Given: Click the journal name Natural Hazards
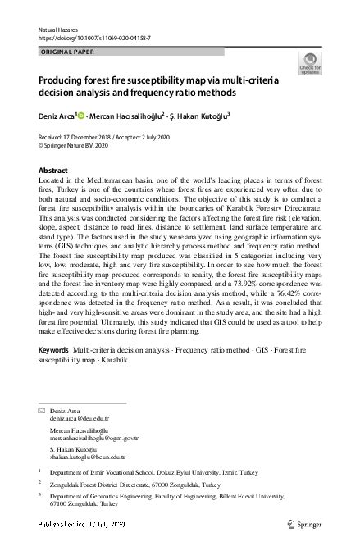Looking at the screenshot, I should pyautogui.click(x=55, y=29).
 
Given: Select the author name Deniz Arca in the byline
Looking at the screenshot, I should pyautogui.click(x=56, y=116).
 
